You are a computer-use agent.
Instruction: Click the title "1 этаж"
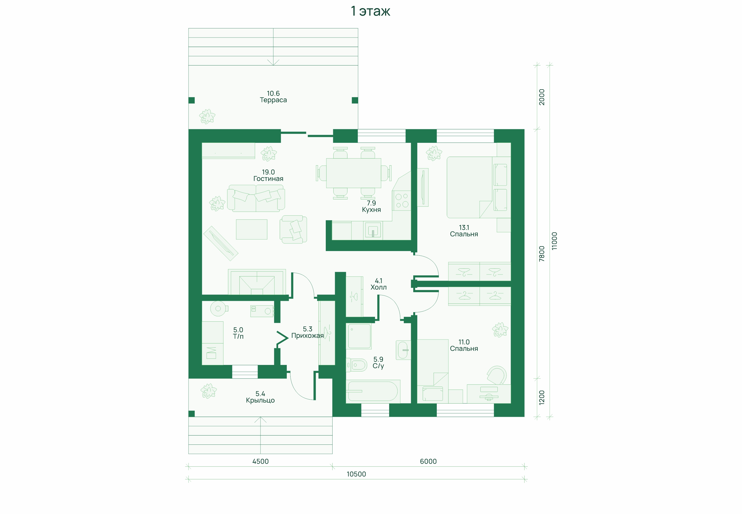370,11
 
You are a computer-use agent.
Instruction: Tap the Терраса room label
273,100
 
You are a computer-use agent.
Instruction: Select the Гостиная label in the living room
268,179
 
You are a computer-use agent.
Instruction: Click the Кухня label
371,210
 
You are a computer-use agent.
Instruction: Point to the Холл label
378,287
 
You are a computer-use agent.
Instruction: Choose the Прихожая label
308,335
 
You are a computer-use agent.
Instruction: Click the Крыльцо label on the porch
260,400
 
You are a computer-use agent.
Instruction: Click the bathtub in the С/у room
373,391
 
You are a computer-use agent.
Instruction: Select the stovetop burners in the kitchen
402,200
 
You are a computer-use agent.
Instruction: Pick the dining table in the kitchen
354,173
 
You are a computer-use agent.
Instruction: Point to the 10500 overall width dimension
356,474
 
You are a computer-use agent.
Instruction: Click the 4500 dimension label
261,461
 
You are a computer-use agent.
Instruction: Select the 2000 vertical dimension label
542,97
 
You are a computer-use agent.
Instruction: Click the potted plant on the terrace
207,116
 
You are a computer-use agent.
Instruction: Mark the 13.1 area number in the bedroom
464,227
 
